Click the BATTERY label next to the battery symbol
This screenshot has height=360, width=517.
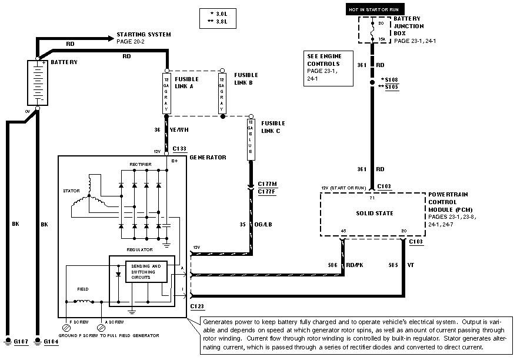point(64,61)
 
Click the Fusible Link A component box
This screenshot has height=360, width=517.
point(166,93)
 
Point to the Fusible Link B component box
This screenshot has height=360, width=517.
point(222,93)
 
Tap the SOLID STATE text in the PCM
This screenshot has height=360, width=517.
point(375,212)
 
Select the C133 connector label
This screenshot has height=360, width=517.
point(180,150)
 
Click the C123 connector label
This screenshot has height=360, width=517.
point(197,306)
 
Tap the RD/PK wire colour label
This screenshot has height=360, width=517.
point(355,265)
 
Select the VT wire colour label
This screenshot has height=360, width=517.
point(411,265)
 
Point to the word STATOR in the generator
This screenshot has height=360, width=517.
point(71,191)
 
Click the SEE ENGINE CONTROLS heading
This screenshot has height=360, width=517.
point(323,59)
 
